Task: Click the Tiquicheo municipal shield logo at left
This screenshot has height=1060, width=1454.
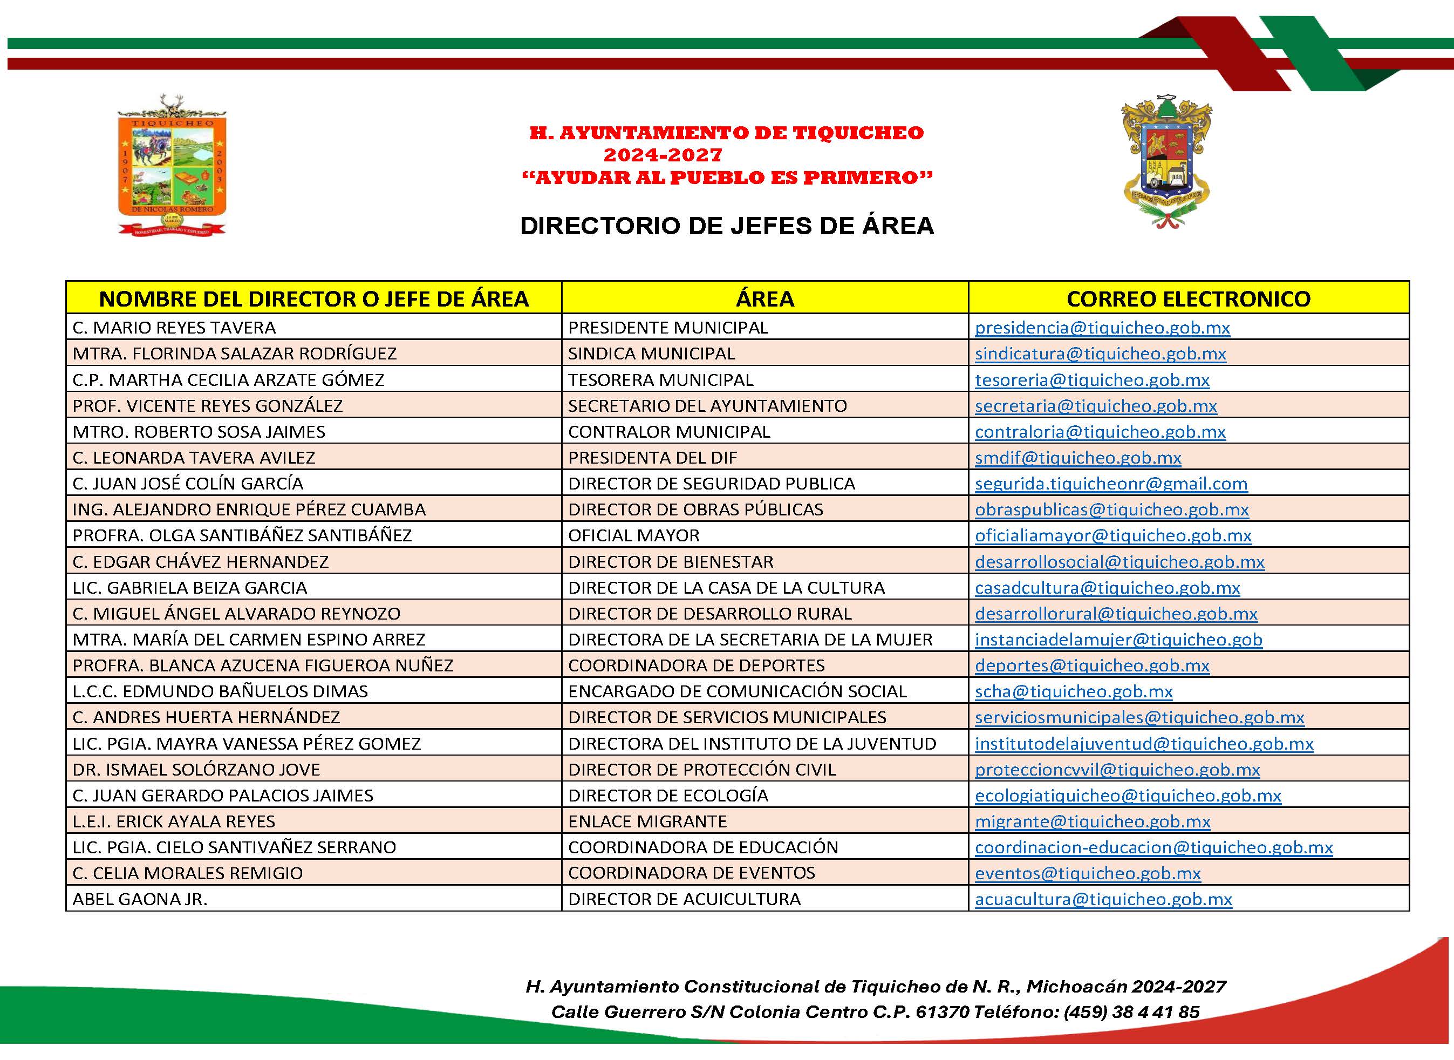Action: click(x=172, y=166)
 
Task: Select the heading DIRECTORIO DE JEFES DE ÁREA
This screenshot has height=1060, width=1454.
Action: click(x=727, y=226)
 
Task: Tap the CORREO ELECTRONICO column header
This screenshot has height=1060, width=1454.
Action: click(x=1188, y=298)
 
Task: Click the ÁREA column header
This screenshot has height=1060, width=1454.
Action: click(x=764, y=298)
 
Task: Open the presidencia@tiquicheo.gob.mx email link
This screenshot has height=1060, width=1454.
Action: click(x=1102, y=328)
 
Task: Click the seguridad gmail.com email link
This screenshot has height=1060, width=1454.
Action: click(x=1111, y=484)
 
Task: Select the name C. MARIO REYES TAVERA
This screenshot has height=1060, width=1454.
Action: click(x=174, y=328)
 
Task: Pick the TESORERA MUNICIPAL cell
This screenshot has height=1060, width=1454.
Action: click(x=660, y=380)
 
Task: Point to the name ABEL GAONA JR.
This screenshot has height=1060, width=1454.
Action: click(x=140, y=900)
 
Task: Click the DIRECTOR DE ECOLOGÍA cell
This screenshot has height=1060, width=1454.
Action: click(x=668, y=796)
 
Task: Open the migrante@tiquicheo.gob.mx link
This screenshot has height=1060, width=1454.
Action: click(x=1093, y=822)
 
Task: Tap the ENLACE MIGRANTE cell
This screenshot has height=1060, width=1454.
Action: click(x=647, y=822)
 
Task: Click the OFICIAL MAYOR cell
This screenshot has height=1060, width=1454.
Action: click(x=634, y=536)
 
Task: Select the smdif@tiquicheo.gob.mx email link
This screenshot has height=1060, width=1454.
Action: click(x=1077, y=458)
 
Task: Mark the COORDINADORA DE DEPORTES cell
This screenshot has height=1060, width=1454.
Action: click(x=696, y=666)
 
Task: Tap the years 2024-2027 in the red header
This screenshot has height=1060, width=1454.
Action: click(x=663, y=155)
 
